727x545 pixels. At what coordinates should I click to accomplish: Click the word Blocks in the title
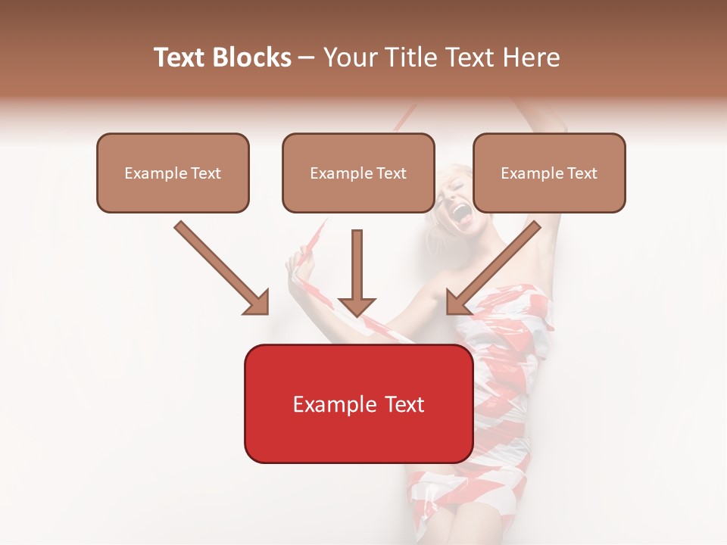(251, 58)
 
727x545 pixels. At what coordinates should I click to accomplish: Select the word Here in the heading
(532, 58)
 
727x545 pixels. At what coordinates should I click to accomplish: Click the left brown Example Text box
(173, 173)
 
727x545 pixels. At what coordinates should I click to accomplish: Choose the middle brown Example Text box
(358, 173)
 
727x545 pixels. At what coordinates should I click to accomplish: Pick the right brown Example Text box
(549, 173)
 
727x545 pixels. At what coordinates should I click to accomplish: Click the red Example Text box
(358, 403)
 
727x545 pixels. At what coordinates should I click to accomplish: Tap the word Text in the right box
(582, 173)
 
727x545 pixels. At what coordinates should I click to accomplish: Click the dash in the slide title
(307, 58)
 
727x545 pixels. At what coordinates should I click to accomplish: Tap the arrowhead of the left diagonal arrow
(257, 302)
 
